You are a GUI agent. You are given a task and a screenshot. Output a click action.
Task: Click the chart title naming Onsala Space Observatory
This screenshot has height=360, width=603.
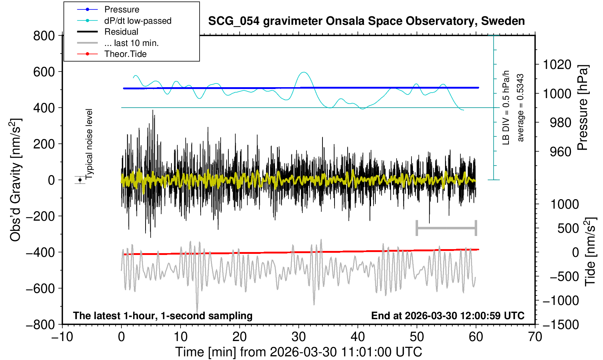tap(366, 21)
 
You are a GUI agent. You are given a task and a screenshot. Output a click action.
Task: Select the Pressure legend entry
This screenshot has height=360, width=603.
tap(121, 9)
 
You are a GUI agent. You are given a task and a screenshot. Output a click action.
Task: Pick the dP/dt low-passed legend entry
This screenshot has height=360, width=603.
tap(138, 21)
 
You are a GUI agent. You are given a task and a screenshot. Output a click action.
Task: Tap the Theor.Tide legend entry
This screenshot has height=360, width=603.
tap(125, 54)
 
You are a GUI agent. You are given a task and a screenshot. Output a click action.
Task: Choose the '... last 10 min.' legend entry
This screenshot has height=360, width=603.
tap(131, 43)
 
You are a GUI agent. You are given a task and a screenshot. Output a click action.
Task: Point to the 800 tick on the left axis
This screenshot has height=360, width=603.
tap(44, 36)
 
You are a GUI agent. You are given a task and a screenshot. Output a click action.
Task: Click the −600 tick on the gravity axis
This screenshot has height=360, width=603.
tap(40, 288)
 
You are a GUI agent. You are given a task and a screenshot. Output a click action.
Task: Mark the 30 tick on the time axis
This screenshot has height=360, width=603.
tap(299, 336)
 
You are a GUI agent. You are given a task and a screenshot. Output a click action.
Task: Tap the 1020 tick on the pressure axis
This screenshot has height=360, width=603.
tap(557, 65)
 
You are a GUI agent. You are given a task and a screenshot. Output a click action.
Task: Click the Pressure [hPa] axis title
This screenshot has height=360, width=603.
tap(583, 108)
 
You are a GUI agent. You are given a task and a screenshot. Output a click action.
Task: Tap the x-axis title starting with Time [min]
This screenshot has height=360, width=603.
tap(298, 352)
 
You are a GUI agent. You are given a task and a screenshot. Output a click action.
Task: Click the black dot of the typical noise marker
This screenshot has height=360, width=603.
tap(80, 180)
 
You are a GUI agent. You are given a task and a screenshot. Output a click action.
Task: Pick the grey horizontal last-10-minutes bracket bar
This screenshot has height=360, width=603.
tap(446, 228)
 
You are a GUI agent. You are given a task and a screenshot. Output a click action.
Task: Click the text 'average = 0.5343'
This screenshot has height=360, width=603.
tap(521, 108)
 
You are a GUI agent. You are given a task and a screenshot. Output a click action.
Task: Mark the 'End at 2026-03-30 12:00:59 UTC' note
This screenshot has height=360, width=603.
tap(448, 316)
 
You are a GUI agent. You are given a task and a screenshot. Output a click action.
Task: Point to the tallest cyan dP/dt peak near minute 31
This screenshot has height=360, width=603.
tap(304, 72)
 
